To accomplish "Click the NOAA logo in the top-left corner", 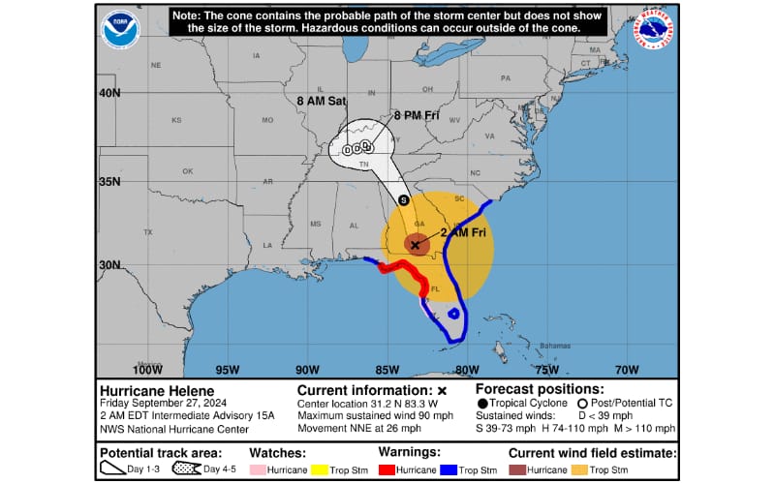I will pyautogui.click(x=120, y=29).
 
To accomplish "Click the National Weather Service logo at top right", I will pyautogui.click(x=656, y=29).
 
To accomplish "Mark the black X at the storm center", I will pyautogui.click(x=416, y=245).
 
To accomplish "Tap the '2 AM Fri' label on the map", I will pyautogui.click(x=464, y=233).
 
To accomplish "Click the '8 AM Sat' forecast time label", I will pyautogui.click(x=319, y=100).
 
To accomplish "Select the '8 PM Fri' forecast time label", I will pyautogui.click(x=416, y=115).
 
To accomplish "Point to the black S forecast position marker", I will pyautogui.click(x=404, y=199).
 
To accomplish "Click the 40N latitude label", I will pyautogui.click(x=109, y=93).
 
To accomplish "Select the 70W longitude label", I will pyautogui.click(x=627, y=369).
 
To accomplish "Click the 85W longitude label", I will pyautogui.click(x=387, y=369).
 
